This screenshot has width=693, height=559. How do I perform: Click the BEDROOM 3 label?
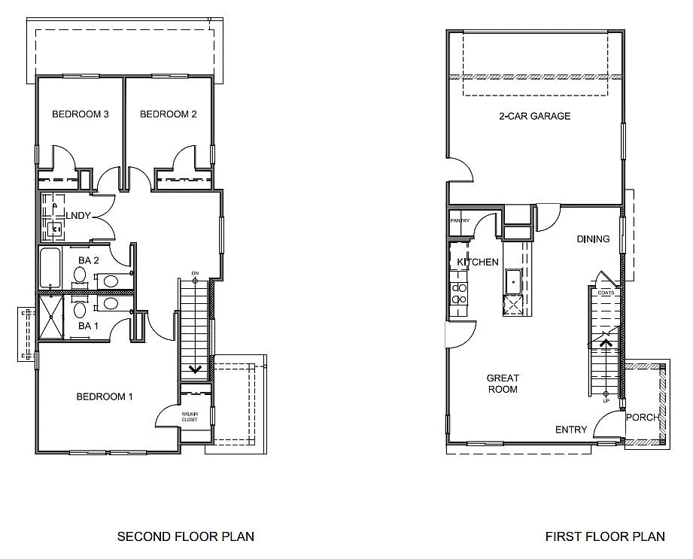81,114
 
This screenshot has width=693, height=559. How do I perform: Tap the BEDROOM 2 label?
169,114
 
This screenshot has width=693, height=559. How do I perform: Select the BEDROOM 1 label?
105,396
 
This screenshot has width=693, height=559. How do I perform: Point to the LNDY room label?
78,216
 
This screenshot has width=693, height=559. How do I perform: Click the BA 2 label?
89,260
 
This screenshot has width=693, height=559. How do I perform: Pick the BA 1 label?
89,326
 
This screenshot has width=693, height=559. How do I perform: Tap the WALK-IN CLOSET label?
190,416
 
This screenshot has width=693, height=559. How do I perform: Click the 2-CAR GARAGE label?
534,116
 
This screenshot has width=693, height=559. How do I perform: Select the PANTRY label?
460,220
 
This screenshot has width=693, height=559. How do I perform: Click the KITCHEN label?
478,262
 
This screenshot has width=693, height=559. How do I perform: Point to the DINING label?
593,239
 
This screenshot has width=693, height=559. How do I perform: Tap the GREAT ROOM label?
502,384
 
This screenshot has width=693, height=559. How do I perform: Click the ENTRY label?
571,430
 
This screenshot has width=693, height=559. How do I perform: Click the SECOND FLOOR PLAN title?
186,536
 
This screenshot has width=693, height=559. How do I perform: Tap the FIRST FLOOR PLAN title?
605,536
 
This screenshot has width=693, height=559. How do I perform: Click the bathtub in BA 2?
52,267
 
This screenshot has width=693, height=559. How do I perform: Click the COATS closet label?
606,292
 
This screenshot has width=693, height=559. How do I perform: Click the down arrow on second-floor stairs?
195,369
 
